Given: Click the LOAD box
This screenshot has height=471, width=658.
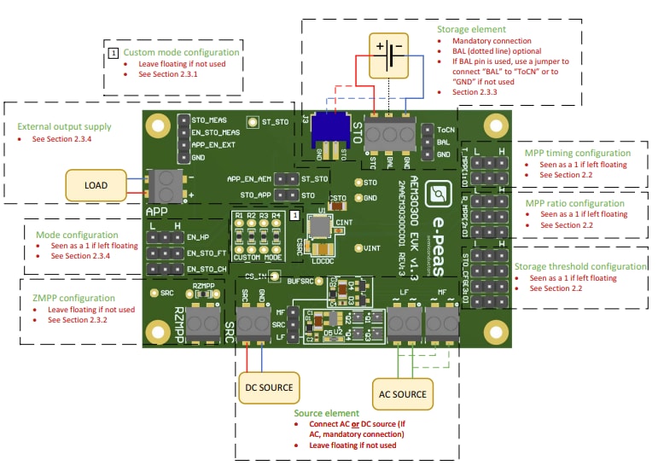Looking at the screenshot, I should (95, 183).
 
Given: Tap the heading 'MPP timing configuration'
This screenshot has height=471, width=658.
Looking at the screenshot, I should (577, 154).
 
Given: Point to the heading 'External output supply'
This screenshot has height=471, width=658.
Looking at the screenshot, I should (64, 127).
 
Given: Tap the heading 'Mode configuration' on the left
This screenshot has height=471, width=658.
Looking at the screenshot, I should (78, 234).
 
